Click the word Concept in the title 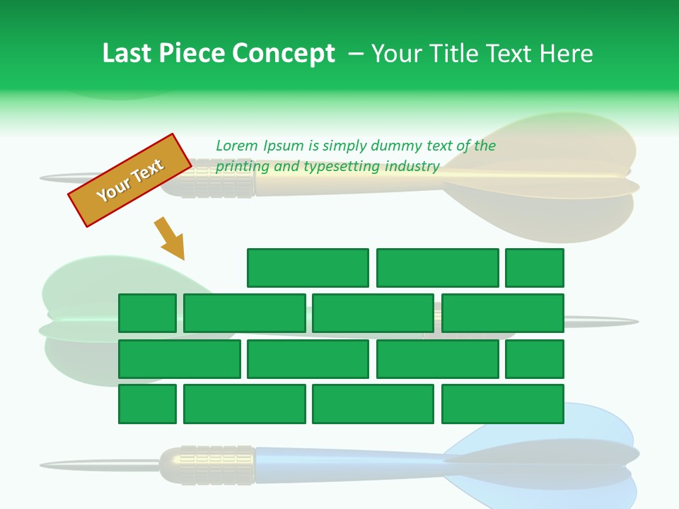(x=284, y=53)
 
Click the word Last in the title (x=127, y=53)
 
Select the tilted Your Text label (x=130, y=180)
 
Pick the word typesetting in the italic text (x=343, y=166)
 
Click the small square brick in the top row (x=534, y=268)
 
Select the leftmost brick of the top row (x=308, y=268)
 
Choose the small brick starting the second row (x=147, y=313)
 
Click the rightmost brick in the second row (x=502, y=313)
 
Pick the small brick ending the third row (x=534, y=359)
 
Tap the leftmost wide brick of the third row (x=179, y=359)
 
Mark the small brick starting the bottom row (x=147, y=404)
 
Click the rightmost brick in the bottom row (x=502, y=404)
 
